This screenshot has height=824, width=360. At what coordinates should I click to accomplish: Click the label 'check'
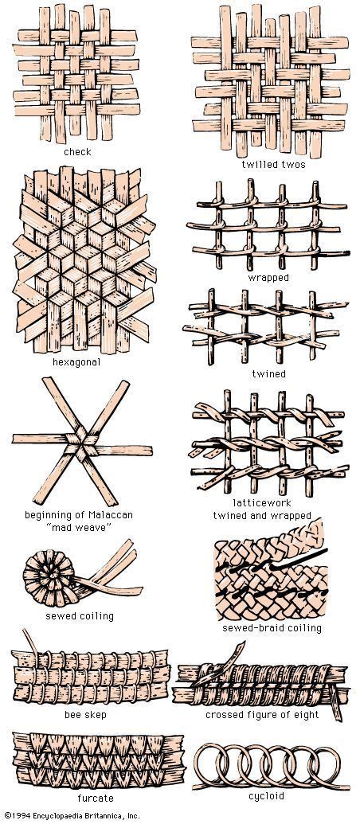click(78, 151)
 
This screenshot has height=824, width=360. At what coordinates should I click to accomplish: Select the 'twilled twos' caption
click(268, 165)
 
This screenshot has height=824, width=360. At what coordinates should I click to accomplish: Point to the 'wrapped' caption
click(268, 278)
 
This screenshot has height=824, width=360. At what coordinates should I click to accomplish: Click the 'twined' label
click(268, 373)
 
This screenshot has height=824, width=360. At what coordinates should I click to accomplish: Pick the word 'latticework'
click(262, 504)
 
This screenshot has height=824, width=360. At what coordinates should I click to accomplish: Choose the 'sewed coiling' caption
click(79, 615)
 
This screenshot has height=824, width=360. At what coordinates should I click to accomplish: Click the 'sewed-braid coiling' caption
click(272, 628)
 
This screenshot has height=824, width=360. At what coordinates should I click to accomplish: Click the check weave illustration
click(76, 76)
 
